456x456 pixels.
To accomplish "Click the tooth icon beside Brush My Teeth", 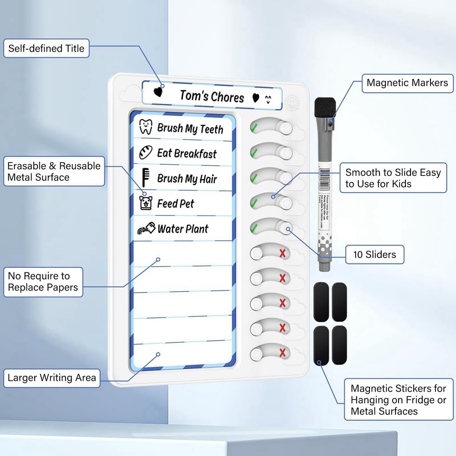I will (145, 127).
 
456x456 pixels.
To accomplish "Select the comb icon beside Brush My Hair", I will (146, 177).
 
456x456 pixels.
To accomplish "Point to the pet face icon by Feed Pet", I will (145, 202).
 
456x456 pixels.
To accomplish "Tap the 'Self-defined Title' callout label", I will (46, 48).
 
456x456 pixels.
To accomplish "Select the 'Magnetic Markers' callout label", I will (407, 82).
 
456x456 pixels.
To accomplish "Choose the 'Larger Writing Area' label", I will (52, 377).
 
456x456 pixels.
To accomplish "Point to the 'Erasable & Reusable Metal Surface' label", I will (54, 171).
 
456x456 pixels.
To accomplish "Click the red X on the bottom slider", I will (283, 352).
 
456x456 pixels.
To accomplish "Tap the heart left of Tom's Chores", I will (158, 92).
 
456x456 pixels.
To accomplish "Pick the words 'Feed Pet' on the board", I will (175, 204).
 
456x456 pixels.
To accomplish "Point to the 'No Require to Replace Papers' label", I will (43, 282).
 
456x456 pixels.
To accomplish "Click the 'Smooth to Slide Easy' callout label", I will (393, 178).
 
